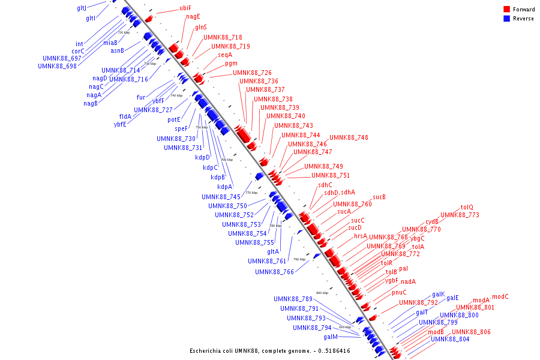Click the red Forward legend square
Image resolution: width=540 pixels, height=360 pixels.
507,10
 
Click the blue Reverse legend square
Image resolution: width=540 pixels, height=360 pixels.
507,19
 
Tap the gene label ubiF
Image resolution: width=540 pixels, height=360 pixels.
185,8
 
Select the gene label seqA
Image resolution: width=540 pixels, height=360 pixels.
225,55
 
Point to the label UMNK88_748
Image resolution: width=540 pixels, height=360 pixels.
349,137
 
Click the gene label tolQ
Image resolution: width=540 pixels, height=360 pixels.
467,207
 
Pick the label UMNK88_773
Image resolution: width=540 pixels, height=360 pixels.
460,215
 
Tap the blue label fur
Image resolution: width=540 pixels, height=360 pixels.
141,97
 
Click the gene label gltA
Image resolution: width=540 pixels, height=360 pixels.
273,251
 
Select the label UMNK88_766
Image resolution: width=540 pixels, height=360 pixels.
274,271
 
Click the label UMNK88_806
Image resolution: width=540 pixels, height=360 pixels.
471,332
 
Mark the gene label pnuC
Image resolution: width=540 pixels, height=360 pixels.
399,292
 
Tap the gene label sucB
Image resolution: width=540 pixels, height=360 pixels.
379,197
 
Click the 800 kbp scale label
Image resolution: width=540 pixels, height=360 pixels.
322,293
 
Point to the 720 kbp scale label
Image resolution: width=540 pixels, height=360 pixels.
123,32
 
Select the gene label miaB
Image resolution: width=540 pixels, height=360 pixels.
110,43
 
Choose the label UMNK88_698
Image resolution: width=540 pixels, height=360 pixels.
57,65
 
